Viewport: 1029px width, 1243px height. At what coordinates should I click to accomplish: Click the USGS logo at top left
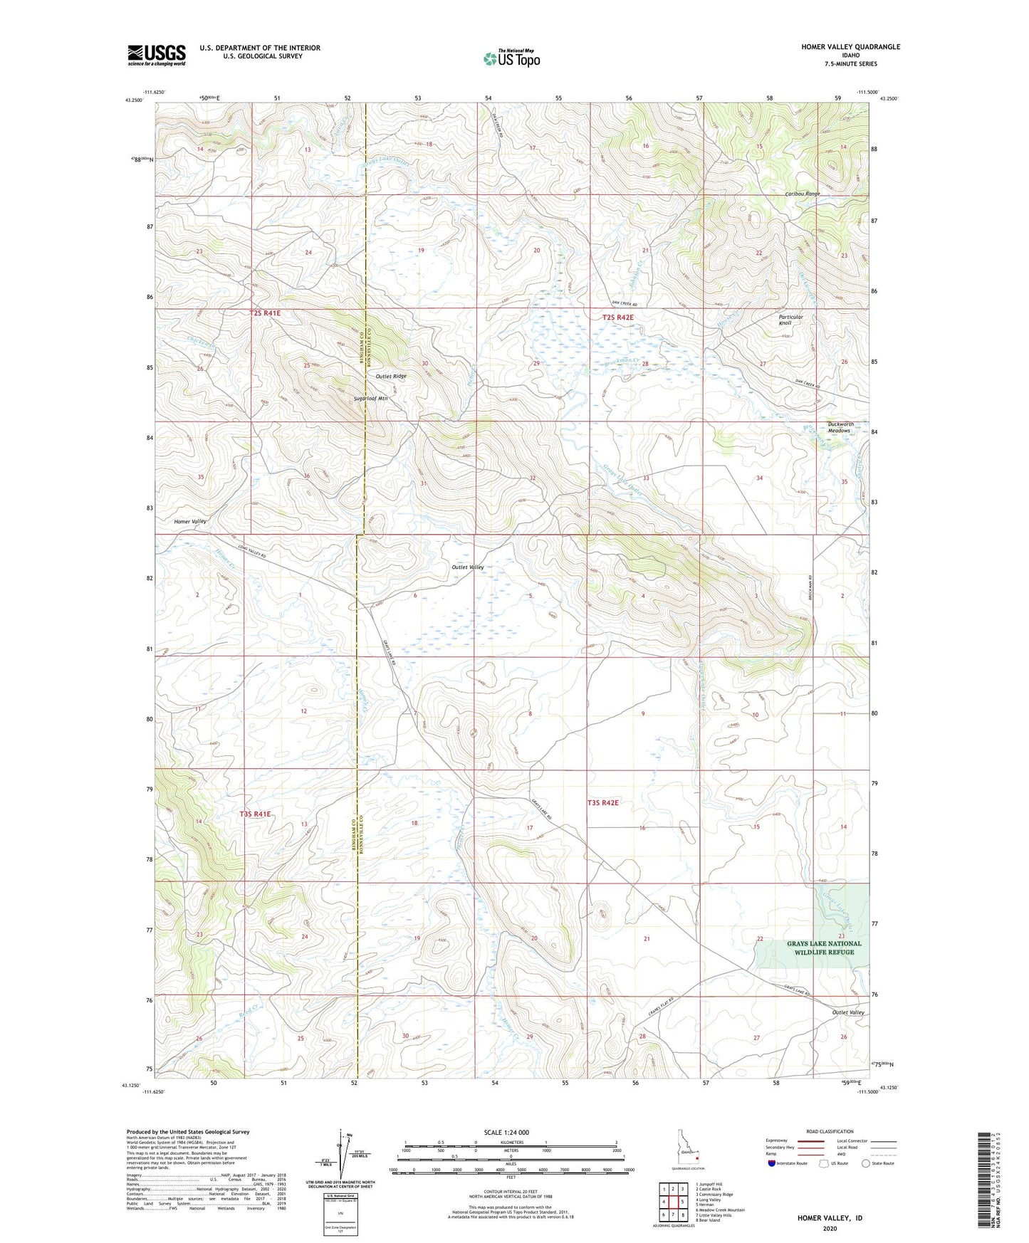click(156, 55)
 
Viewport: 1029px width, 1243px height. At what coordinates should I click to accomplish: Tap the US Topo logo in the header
click(511, 58)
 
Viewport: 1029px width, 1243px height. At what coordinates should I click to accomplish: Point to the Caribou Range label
click(802, 194)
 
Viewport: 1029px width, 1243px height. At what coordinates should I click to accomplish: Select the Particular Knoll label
click(790, 320)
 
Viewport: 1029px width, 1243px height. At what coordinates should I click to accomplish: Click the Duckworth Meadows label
click(840, 427)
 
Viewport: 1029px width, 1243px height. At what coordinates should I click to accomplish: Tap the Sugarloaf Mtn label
click(371, 399)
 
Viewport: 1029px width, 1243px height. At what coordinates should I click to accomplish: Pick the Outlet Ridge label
click(391, 376)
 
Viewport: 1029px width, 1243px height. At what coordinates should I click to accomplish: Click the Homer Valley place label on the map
click(190, 521)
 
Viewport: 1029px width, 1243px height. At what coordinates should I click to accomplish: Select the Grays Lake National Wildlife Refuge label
click(823, 948)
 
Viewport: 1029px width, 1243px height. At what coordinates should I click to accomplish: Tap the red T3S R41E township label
click(255, 813)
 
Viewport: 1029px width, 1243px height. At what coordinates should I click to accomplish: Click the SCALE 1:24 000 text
click(506, 1132)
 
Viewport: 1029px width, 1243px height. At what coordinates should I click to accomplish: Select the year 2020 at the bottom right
click(830, 1228)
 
